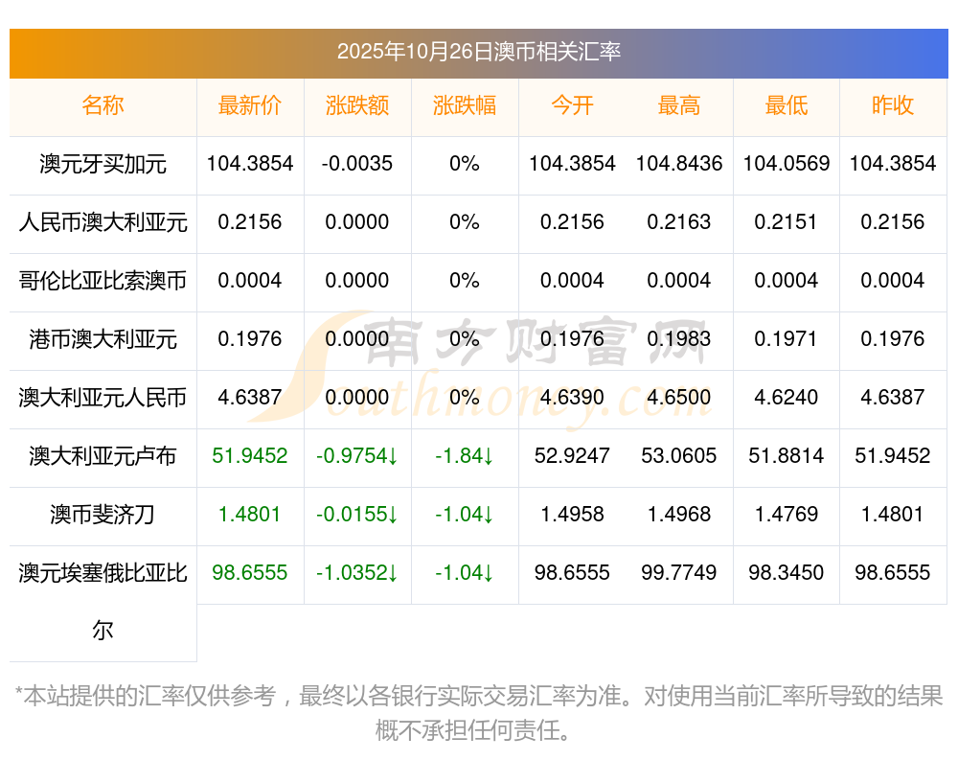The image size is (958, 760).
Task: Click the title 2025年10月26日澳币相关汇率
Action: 478,52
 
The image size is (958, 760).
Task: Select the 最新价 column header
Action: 250,105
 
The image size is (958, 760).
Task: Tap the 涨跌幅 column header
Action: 465,105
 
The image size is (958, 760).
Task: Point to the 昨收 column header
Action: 893,105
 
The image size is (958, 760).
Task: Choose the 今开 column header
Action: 572,105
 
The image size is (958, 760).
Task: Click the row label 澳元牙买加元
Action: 103,164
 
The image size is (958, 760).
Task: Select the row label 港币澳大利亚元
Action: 103,339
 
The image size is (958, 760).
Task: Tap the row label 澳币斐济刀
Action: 103,515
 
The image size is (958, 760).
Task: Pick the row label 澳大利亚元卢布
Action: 103,456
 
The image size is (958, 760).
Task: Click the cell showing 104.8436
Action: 679,164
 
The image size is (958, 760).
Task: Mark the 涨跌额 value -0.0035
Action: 357,164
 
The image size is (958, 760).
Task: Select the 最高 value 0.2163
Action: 679,222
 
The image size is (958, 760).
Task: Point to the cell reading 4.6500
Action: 679,398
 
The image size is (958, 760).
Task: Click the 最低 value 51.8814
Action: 787,456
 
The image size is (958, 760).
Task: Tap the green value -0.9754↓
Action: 357,456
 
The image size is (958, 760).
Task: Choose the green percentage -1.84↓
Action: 465,456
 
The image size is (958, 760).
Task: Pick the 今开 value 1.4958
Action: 572,515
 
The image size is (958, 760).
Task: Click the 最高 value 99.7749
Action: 679,573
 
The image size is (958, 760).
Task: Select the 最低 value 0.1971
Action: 787,339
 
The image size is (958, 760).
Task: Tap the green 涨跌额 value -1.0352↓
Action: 357,573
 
